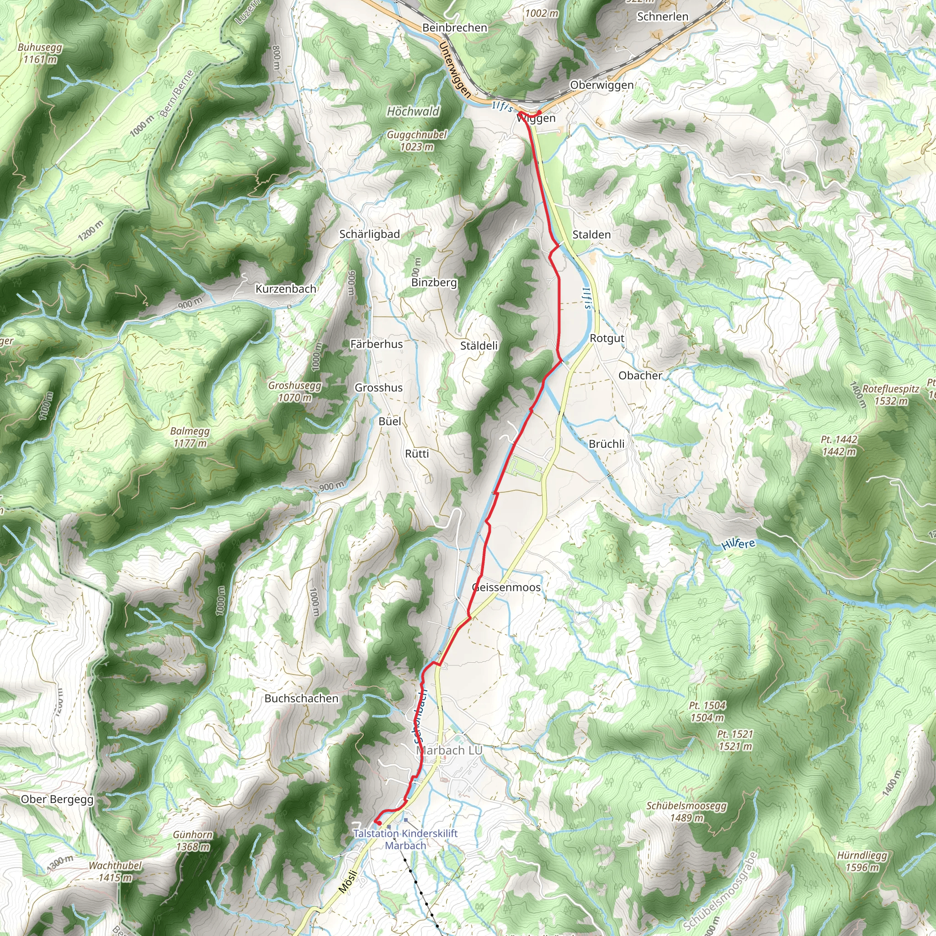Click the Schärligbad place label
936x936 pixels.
(x=370, y=234)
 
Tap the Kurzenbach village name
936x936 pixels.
(x=286, y=289)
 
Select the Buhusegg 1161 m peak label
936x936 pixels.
(x=40, y=54)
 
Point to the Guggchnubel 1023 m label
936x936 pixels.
(x=417, y=140)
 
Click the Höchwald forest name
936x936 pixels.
(x=413, y=112)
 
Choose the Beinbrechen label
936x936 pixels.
(x=454, y=27)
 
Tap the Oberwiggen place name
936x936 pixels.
(x=602, y=85)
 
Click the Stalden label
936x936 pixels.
(x=591, y=235)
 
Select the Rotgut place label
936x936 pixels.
(x=607, y=338)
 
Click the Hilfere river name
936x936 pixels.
(x=738, y=544)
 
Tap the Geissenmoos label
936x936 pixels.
(x=506, y=588)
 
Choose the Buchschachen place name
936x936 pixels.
(x=301, y=699)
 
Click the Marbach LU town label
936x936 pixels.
(x=449, y=750)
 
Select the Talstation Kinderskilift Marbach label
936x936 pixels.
(x=405, y=840)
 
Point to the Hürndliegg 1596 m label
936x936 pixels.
(x=862, y=861)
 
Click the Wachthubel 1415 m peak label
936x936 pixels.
(x=115, y=871)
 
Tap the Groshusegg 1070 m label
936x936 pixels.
(x=295, y=392)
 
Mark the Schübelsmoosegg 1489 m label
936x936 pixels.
(x=686, y=812)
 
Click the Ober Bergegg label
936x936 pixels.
(x=57, y=799)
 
